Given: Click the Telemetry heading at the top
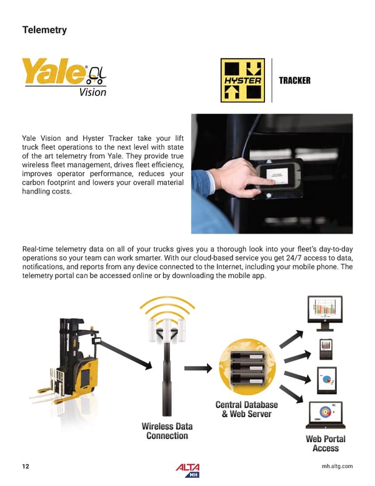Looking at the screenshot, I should coord(44,30).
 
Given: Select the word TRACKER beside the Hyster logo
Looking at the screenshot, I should coord(294,81).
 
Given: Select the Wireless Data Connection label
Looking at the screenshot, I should coord(167,431).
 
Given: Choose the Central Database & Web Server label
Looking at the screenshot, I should coord(247,410).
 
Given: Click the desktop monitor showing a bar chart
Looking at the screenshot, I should coord(325,313).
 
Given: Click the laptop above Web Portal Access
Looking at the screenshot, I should coord(326,415).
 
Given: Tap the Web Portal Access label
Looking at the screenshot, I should coord(326,443).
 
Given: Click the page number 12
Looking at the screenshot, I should coord(26,467).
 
